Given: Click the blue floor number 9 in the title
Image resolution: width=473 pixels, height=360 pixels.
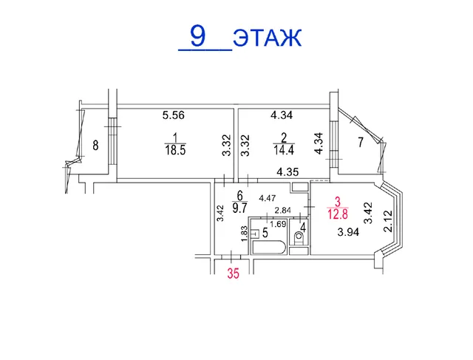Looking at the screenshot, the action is tap(198, 36).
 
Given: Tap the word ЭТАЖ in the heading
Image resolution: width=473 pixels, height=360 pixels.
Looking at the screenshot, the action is tap(268, 38).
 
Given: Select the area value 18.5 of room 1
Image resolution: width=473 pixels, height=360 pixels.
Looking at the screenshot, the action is tap(175, 150).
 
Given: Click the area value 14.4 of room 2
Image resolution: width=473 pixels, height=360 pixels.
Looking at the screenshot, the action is tap(284, 150).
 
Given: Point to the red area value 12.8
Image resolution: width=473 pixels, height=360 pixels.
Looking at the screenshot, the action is tap(338, 214).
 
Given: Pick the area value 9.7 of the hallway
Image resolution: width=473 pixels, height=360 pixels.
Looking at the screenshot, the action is tap(239, 208).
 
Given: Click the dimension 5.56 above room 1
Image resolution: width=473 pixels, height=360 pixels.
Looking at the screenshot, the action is tap(174, 115).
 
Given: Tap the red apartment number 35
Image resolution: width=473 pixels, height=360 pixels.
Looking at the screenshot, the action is tap(234, 274).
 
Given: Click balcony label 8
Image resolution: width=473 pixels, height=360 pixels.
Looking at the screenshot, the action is tap(95, 146).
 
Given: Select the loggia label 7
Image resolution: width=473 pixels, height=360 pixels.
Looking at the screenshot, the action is tap(361, 143).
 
